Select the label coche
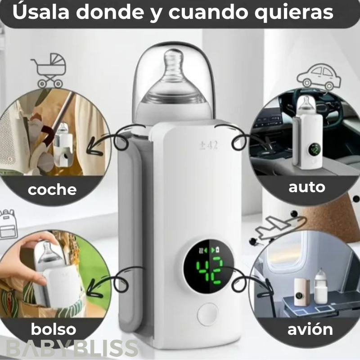coord(52,189)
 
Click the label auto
coord(306,186)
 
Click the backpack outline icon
coord(6,225)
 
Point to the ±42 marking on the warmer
coord(208,146)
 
